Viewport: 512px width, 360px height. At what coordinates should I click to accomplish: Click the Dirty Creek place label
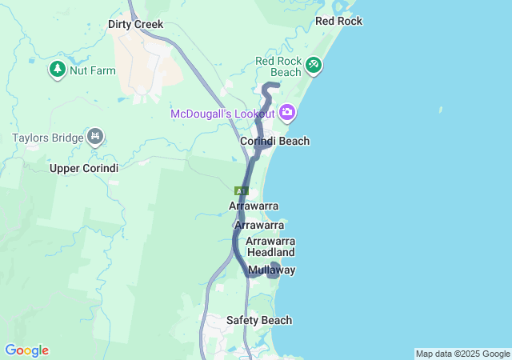point(135,25)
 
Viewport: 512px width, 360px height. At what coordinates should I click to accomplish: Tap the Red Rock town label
point(338,21)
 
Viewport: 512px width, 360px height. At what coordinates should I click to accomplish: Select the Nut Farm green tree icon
point(57,70)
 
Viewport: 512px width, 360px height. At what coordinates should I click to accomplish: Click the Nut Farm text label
point(92,70)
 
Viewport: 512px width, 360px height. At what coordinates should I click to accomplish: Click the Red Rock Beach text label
point(278,66)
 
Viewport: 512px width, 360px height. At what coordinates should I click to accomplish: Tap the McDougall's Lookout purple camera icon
point(286,113)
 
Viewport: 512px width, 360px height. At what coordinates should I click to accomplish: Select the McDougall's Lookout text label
point(222,114)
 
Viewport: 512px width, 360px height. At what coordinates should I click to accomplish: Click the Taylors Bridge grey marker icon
point(96,138)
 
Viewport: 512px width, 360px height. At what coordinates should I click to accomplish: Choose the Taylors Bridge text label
point(48,138)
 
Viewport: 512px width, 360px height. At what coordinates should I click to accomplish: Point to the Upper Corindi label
point(84,168)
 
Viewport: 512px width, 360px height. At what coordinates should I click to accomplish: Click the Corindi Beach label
point(274,142)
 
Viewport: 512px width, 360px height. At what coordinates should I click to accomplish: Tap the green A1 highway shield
point(242,191)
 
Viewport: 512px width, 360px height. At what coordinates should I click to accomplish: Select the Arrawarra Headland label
point(271,246)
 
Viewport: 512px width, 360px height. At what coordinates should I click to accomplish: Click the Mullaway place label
point(271,270)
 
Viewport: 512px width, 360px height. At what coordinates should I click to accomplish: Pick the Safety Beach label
point(258,320)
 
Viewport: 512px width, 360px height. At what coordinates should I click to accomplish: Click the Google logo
point(26,350)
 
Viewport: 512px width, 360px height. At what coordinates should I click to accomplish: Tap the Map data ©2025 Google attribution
point(462,354)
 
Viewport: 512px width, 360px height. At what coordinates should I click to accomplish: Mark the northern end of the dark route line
point(276,85)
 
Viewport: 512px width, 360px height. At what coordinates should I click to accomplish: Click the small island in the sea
point(440,110)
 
